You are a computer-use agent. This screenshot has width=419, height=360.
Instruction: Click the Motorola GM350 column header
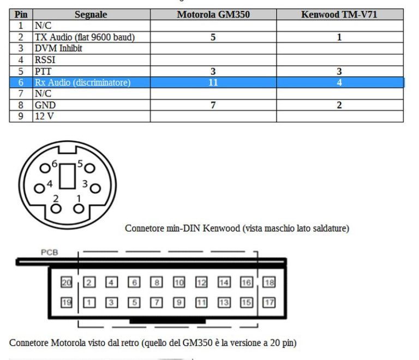[213, 14]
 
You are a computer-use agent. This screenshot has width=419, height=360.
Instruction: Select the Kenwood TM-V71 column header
[339, 14]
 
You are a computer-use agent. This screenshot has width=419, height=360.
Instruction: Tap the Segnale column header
[91, 14]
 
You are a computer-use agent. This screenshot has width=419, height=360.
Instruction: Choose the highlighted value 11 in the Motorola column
[213, 82]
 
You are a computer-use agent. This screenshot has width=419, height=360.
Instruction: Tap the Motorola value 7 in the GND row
[213, 105]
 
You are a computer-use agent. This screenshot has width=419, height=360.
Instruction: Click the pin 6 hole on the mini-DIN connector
[45, 168]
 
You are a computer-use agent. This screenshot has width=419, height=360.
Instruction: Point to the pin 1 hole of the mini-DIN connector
[79, 208]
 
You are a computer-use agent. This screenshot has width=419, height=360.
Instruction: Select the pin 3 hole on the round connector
[95, 188]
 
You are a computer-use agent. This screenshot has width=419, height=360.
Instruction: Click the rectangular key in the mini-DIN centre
[67, 176]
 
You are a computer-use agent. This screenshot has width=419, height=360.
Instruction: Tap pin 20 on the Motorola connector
[67, 283]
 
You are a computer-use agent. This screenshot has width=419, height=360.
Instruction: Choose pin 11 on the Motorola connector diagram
[201, 303]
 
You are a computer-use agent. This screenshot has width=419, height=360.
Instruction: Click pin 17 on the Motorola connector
[269, 303]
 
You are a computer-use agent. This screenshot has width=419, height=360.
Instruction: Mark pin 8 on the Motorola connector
[157, 283]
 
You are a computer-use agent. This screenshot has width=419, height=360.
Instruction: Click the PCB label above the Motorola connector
[50, 253]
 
